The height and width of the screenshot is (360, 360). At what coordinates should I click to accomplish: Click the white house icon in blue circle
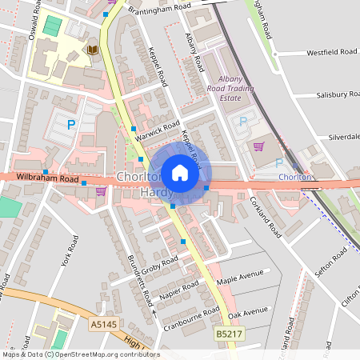click(180, 173)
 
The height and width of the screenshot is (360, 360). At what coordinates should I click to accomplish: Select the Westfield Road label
click(331, 53)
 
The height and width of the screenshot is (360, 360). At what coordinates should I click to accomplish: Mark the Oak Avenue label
click(247, 311)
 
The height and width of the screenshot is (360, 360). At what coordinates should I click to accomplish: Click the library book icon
click(93, 50)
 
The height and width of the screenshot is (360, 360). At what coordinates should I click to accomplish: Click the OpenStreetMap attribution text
click(80, 354)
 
